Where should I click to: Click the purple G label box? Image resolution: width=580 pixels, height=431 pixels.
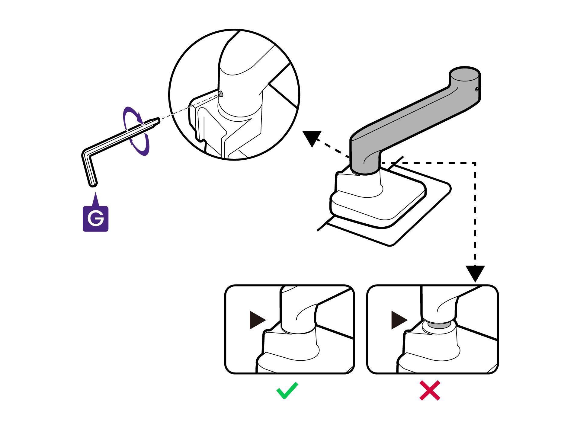tap(95, 219)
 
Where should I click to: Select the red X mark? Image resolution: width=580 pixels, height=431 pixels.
tap(430, 391)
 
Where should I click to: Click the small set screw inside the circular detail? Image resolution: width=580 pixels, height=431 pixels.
tap(221, 94)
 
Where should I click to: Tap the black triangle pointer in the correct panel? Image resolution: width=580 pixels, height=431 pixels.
tap(257, 320)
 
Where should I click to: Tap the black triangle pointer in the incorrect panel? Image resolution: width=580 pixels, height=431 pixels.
tap(398, 320)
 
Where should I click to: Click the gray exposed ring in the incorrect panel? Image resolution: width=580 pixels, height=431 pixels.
tap(439, 325)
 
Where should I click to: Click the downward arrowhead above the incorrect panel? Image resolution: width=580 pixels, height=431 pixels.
tap(475, 273)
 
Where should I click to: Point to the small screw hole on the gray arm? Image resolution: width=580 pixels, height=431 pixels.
tap(477, 89)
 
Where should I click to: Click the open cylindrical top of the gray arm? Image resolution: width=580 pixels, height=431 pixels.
tap(465, 74)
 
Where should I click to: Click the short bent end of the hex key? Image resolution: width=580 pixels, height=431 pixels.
tap(90, 169)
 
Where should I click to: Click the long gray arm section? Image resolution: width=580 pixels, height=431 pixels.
tap(414, 118)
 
